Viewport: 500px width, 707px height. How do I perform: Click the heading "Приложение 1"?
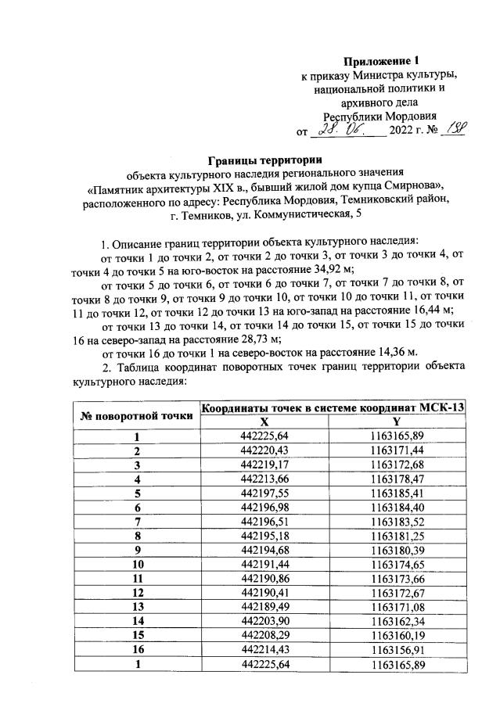[376, 61]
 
